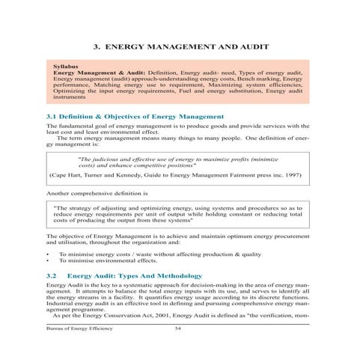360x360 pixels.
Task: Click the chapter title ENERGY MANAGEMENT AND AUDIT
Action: click(186, 46)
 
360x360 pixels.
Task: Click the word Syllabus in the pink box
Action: click(67, 67)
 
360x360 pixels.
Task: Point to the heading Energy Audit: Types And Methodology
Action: click(141, 275)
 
